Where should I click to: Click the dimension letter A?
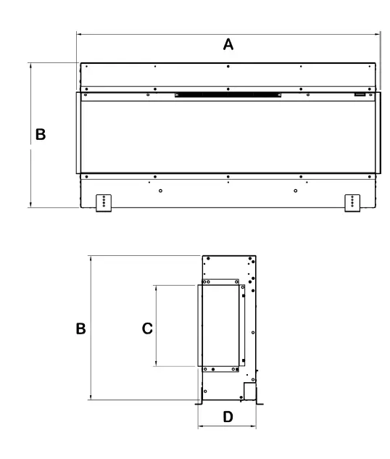tap(228, 44)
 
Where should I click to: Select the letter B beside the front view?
tap(41, 135)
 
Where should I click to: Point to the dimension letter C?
tap(146, 328)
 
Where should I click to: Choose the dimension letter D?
tap(227, 418)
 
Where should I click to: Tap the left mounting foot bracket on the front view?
tap(105, 202)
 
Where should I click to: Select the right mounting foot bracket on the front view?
tap(352, 202)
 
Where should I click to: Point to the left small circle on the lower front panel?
tap(160, 191)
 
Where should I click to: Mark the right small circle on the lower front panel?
tap(296, 191)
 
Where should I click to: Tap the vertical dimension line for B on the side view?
tap(89, 290)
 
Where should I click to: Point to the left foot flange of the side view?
tap(198, 401)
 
